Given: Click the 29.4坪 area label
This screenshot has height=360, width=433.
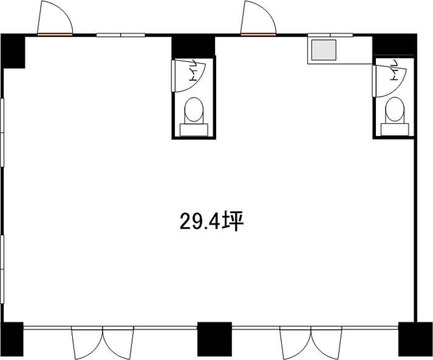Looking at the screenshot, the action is pos(211,221).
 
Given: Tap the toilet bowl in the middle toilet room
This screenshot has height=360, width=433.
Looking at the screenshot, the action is pos(193,110).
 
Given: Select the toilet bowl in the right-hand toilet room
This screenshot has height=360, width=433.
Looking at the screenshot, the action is pos(395,110).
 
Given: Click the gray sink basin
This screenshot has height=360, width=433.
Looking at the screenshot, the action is pos(324,50).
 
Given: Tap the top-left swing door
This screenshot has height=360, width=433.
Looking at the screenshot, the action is pos(55,18).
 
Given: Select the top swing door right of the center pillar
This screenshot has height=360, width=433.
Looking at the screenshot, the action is pos(258,18).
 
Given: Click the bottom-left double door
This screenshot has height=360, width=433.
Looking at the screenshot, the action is pos(103,343).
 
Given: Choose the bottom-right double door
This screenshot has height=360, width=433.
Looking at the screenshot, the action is pos(310,343).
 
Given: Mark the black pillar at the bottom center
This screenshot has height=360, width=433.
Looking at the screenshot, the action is pos(214,339).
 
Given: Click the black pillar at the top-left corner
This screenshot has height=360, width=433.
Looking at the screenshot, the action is pos(13,51).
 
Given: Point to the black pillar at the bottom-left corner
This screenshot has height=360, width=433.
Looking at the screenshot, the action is pos(12,339).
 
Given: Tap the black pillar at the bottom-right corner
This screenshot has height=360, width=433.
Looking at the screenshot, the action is pos(416,339).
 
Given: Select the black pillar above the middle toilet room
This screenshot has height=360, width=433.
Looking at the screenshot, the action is pos(193,46).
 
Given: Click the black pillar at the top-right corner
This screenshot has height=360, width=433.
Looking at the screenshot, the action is pos(395,44).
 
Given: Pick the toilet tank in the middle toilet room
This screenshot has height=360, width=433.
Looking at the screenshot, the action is pos(193,130).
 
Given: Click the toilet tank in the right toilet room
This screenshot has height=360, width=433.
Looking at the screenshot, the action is pos(395,130).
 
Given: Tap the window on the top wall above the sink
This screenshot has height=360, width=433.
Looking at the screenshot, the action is pos(330,35).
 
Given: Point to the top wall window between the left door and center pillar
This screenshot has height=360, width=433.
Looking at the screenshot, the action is pos(121,35).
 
